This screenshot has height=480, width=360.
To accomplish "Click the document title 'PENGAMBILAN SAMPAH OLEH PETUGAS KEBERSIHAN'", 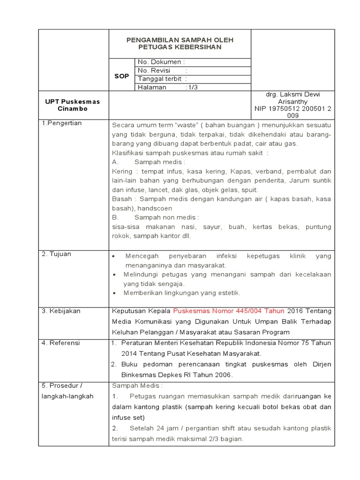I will pyautogui.click(x=180, y=44).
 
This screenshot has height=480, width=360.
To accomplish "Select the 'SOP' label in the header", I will pyautogui.click(x=121, y=76).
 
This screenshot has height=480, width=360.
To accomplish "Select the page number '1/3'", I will pyautogui.click(x=192, y=87).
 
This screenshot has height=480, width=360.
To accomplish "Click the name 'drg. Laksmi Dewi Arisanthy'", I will pyautogui.click(x=293, y=97).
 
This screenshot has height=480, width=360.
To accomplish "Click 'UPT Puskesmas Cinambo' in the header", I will pyautogui.click(x=73, y=105).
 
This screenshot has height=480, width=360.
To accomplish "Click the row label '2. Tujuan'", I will pyautogui.click(x=57, y=254).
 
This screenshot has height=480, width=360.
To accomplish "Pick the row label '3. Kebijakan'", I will pyautogui.click(x=61, y=311).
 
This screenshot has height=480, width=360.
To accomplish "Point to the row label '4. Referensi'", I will pyautogui.click(x=61, y=343).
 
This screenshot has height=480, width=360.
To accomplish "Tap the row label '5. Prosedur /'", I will pyautogui.click(x=62, y=385).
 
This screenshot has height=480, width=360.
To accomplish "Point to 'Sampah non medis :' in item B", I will pyautogui.click(x=166, y=217).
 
